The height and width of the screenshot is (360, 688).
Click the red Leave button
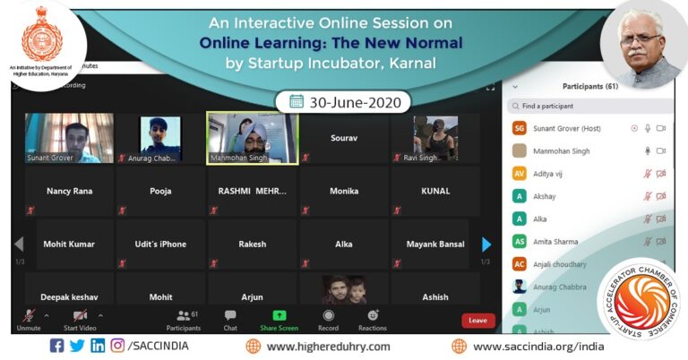pos(477,320)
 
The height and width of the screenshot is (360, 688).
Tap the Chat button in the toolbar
pos(230,319)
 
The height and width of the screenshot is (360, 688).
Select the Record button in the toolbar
pos(328,319)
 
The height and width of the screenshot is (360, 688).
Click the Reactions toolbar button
pos(373,319)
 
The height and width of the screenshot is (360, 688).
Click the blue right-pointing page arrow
pos(486,244)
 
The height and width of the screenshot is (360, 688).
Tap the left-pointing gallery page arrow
pos(18,244)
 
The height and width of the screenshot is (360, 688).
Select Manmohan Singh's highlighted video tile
pos(253,138)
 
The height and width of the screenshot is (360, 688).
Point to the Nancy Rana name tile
pos(69,191)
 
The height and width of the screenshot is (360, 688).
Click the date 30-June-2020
pos(343,101)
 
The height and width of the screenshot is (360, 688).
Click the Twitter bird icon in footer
pos(77,346)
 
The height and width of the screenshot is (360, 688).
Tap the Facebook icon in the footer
pos(57,346)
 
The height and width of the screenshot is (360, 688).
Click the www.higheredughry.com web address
pos(328,347)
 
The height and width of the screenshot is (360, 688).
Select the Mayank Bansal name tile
pos(435,244)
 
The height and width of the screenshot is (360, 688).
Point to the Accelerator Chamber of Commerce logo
pos(638,300)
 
